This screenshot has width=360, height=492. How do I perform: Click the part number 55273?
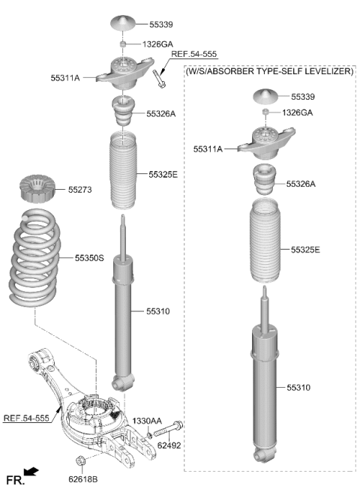(80, 190)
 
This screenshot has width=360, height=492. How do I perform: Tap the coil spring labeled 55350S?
(35, 257)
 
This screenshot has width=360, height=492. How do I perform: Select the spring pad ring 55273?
(37, 188)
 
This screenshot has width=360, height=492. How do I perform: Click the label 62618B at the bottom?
(82, 479)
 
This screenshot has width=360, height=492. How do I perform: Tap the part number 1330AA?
(147, 421)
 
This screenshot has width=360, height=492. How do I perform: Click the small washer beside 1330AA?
(150, 435)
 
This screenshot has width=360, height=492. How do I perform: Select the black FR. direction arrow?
(31, 472)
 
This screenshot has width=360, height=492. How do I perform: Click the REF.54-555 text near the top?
(193, 54)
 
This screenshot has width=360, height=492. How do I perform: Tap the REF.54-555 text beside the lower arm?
(26, 418)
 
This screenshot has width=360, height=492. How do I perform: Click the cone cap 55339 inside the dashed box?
(265, 96)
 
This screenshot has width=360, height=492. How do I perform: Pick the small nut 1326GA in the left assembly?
(123, 43)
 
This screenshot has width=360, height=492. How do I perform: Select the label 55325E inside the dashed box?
(305, 250)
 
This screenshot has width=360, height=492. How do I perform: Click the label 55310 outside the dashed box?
(157, 311)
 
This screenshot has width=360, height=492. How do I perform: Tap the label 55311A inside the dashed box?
(208, 148)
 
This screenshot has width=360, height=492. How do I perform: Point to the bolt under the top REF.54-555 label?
(160, 79)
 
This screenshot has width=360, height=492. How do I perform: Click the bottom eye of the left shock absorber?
(122, 382)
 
